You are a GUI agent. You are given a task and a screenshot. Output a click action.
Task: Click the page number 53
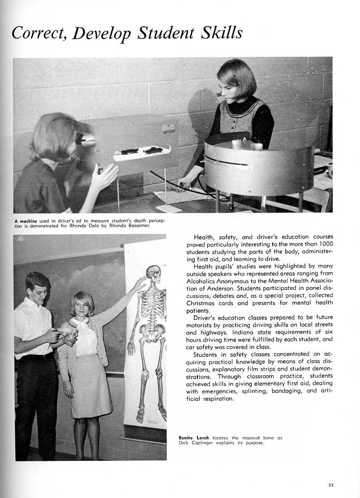[330, 485]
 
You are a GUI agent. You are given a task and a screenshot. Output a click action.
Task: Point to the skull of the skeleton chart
[154, 274]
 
